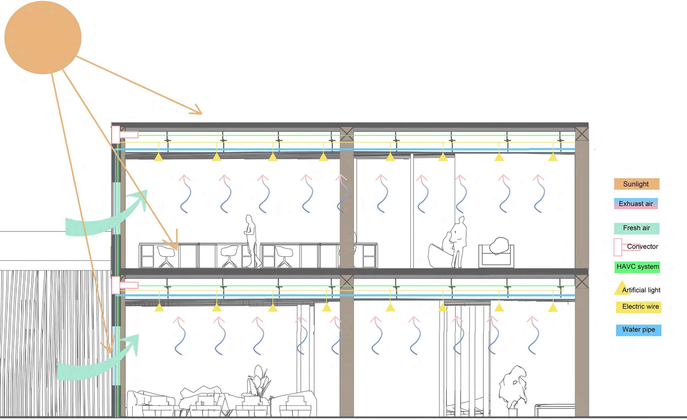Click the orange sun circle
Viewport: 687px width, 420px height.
43,37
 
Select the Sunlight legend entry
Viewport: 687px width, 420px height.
636,184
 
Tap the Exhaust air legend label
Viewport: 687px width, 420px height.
636,204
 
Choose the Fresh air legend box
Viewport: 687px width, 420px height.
636,228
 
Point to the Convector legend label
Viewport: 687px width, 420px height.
642,247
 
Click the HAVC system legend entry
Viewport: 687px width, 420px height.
638,267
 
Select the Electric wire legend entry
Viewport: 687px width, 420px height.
640,307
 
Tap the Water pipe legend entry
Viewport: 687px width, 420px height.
639,330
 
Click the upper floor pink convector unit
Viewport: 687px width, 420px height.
116,135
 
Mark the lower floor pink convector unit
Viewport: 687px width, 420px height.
116,285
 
